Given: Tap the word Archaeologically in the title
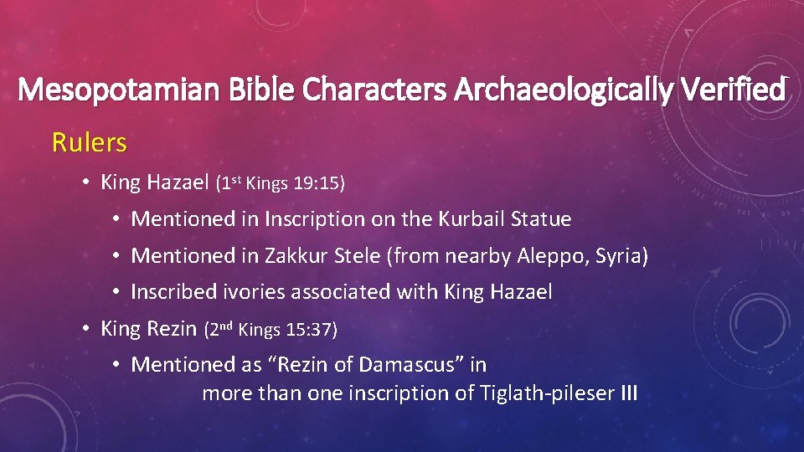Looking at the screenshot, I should [559, 90].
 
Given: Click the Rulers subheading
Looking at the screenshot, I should [90, 143].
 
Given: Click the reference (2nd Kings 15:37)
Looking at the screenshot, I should [271, 330].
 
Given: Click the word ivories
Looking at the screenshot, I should [252, 292].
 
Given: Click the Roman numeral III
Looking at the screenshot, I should [629, 393].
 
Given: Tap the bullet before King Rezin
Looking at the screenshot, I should [86, 329].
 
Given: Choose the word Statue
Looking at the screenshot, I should [544, 219].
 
